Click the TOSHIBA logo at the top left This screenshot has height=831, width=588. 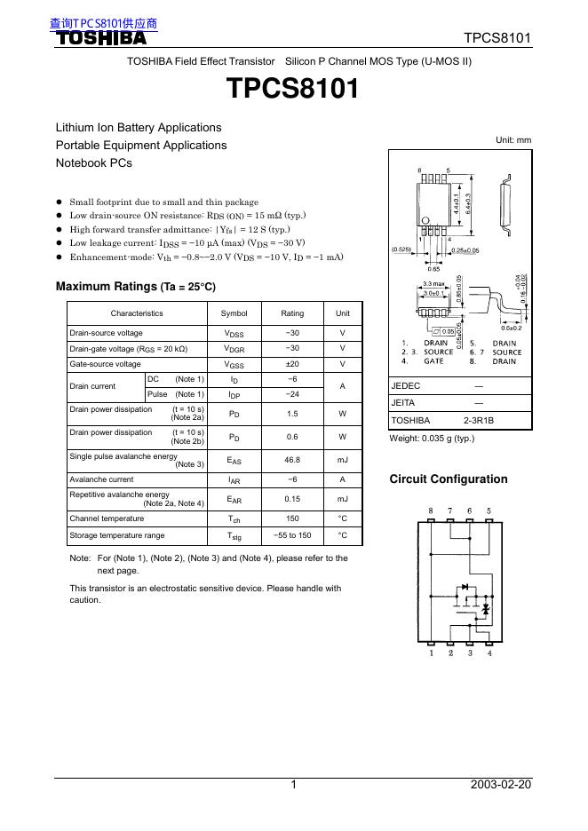point(101,38)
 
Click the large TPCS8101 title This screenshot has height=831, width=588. point(293,90)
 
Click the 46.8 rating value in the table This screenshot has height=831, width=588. point(292,460)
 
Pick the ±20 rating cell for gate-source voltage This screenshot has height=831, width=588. point(292,364)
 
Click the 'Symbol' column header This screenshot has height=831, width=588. point(234,313)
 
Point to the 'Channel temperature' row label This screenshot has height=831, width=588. point(107,518)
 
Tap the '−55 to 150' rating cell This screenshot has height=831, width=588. point(292,535)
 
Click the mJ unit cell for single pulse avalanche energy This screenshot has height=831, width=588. point(342,460)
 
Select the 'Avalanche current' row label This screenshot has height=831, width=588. point(101,479)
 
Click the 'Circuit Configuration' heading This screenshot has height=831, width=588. point(449,479)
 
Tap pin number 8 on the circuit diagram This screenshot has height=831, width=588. point(431,511)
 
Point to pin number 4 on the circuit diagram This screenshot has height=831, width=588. point(489,653)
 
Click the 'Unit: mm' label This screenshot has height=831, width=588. point(513,140)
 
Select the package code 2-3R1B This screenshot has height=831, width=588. point(478,420)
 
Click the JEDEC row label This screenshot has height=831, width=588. point(405,386)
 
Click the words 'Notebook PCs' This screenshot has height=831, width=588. point(93,163)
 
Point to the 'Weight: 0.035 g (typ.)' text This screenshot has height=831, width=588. point(432,439)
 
